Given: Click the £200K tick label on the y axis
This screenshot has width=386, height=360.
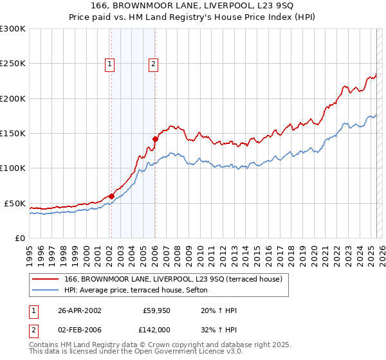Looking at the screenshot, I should [13, 98].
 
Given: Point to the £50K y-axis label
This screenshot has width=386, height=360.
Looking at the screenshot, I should [15, 203].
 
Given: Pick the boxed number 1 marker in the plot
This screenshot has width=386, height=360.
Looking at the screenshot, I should [111, 64].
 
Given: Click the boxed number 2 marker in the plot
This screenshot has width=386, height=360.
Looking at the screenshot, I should [154, 64].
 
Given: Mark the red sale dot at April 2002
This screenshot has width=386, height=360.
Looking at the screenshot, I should [111, 196].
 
